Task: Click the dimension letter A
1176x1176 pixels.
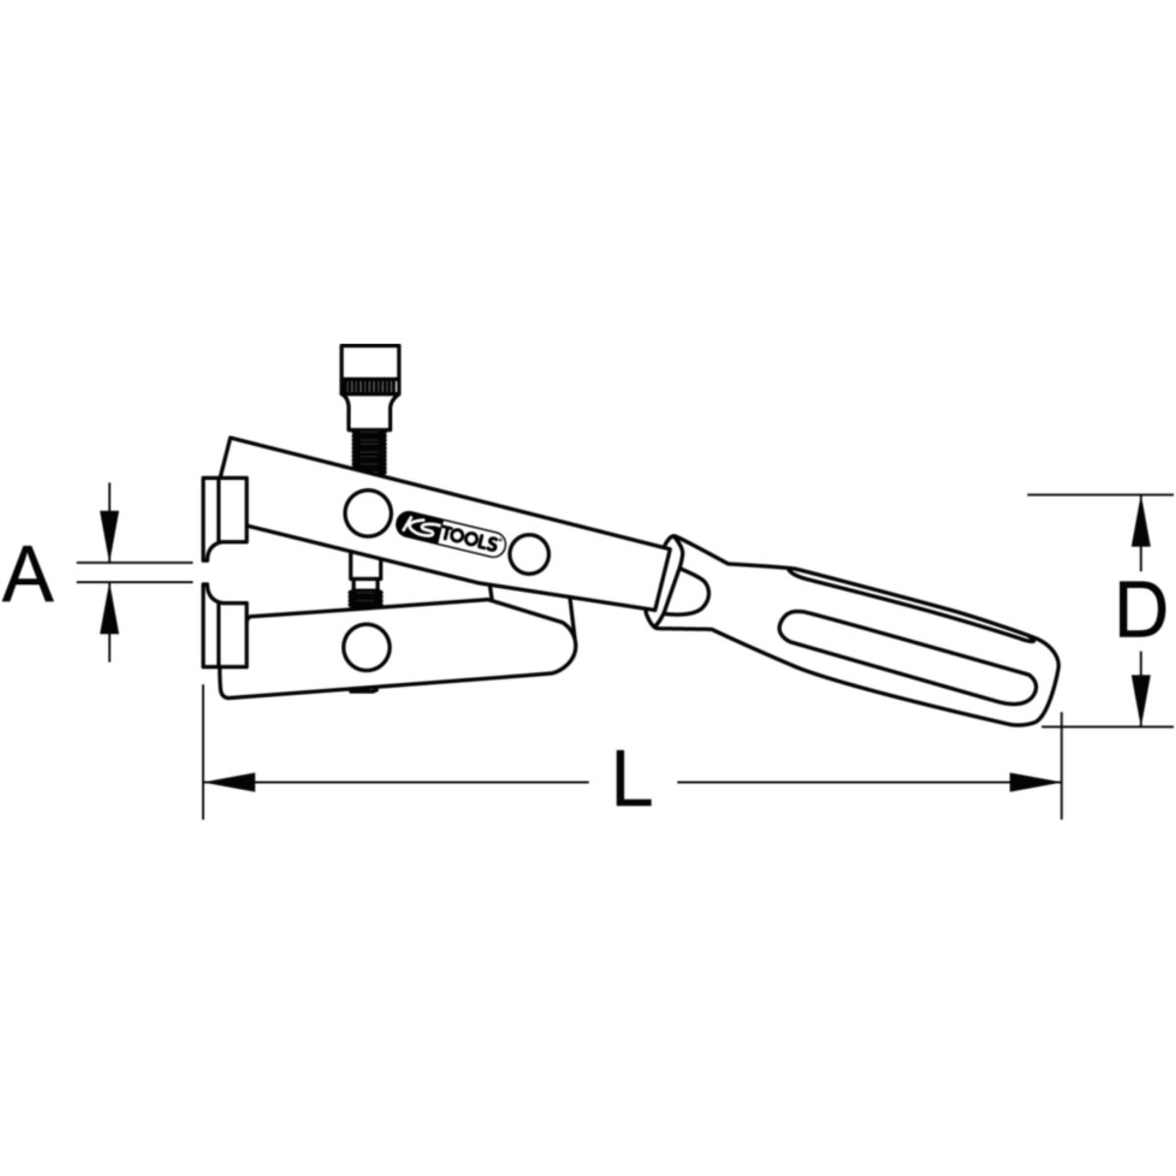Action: point(28,575)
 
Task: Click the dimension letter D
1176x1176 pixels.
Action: point(1138,609)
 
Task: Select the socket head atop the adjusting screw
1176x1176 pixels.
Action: point(370,387)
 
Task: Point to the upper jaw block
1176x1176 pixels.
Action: point(224,510)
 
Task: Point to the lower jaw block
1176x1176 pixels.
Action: point(224,635)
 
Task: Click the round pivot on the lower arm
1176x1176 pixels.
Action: point(367,646)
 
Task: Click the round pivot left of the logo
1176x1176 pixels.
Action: point(367,514)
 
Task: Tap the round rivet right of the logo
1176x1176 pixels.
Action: point(529,554)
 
